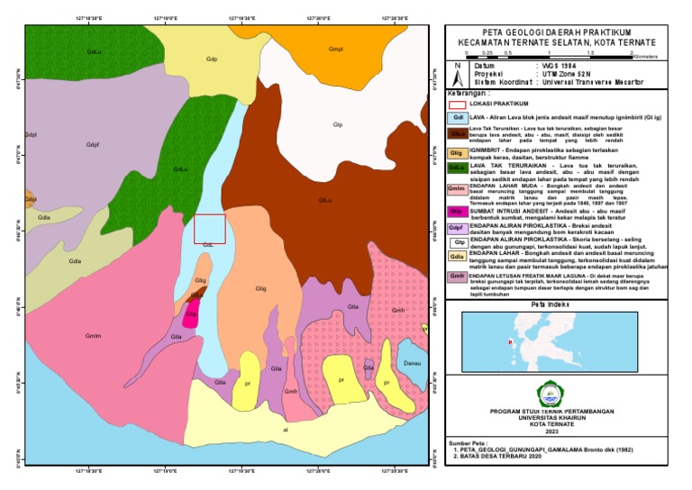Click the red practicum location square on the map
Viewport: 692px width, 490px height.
[x=209, y=229]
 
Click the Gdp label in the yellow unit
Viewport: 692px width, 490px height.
[x=212, y=60]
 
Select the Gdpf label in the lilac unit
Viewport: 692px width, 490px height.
[x=92, y=145]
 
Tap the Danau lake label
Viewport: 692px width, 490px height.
[x=413, y=363]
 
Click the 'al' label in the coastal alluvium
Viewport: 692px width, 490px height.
[x=286, y=431]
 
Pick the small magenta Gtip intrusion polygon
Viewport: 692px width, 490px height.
[x=191, y=314]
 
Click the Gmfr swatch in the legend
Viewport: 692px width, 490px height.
[x=459, y=277]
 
